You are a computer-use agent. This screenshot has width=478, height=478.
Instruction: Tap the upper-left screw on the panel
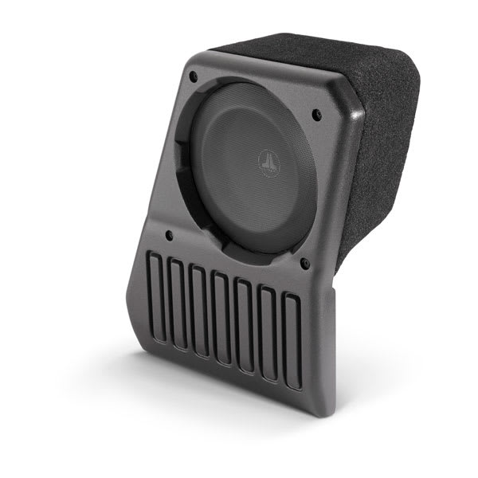pos(194,77)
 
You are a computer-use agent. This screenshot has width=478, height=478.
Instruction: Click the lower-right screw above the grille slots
pos(304,261)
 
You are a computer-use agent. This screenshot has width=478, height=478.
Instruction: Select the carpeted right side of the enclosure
pos(382,159)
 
